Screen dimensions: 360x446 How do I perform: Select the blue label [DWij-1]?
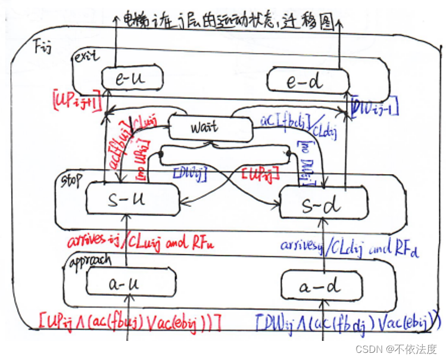375,108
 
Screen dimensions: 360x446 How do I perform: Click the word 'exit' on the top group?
83,57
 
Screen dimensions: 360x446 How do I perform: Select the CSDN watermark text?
394,349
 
